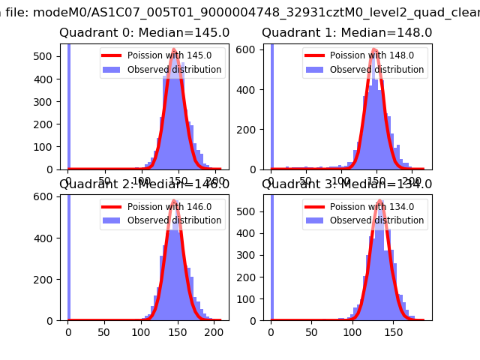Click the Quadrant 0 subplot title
145,33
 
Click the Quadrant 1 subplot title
346,33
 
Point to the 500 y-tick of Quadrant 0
46,56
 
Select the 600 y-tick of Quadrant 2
46,196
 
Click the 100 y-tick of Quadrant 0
46,147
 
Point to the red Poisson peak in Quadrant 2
174,201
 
